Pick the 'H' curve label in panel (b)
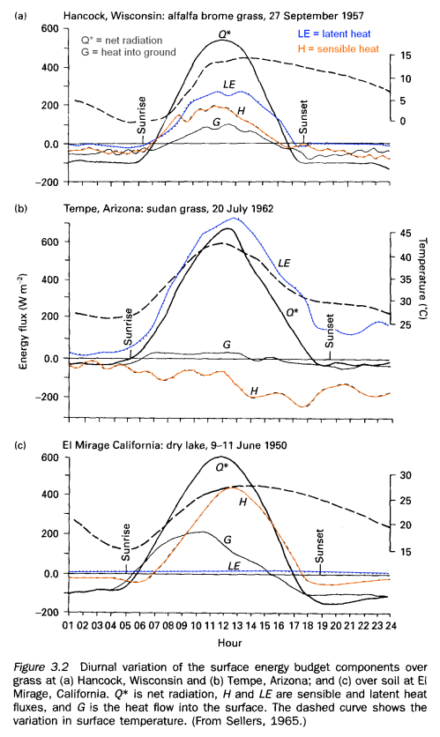click(255, 391)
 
